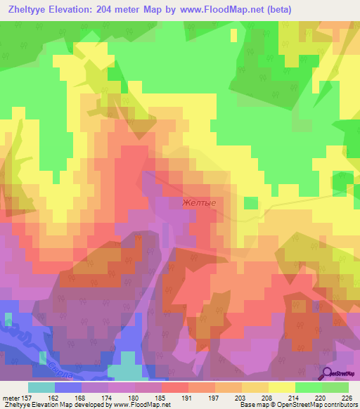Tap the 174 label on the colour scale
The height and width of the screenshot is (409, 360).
click(x=106, y=398)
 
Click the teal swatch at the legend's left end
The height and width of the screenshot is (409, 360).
click(x=41, y=387)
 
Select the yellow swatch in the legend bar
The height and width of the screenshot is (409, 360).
click(x=281, y=387)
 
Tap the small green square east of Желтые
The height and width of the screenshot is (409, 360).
click(x=251, y=202)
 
